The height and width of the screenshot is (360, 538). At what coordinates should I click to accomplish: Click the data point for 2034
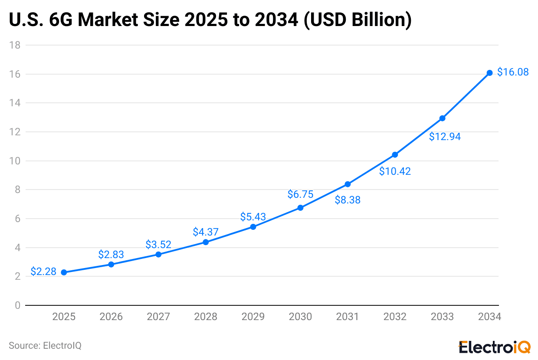(x=489, y=73)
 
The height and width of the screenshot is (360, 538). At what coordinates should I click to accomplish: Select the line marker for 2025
(x=64, y=272)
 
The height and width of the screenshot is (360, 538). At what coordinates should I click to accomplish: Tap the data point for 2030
(x=300, y=208)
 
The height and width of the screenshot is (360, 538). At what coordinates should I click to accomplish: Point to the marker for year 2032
(x=395, y=155)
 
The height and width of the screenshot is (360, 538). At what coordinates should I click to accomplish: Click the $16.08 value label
(x=513, y=72)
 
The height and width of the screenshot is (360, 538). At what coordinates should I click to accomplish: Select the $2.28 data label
(x=43, y=272)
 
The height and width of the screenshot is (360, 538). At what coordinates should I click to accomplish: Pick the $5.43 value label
(x=253, y=216)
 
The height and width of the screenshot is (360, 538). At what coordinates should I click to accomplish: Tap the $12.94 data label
(x=445, y=137)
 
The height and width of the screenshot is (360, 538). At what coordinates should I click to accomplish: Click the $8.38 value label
(x=348, y=200)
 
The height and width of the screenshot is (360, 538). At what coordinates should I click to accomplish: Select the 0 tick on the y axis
(x=17, y=305)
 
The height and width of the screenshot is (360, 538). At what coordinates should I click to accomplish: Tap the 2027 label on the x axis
(x=158, y=317)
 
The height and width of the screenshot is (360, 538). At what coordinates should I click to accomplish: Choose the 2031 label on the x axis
(x=348, y=317)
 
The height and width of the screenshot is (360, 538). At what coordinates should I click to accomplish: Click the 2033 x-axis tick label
(x=442, y=317)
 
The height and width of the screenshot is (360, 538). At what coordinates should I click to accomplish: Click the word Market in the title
(x=112, y=20)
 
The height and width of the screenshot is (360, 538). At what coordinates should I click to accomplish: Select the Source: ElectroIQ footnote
(x=45, y=346)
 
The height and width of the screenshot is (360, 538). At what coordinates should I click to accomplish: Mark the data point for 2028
(x=206, y=242)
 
